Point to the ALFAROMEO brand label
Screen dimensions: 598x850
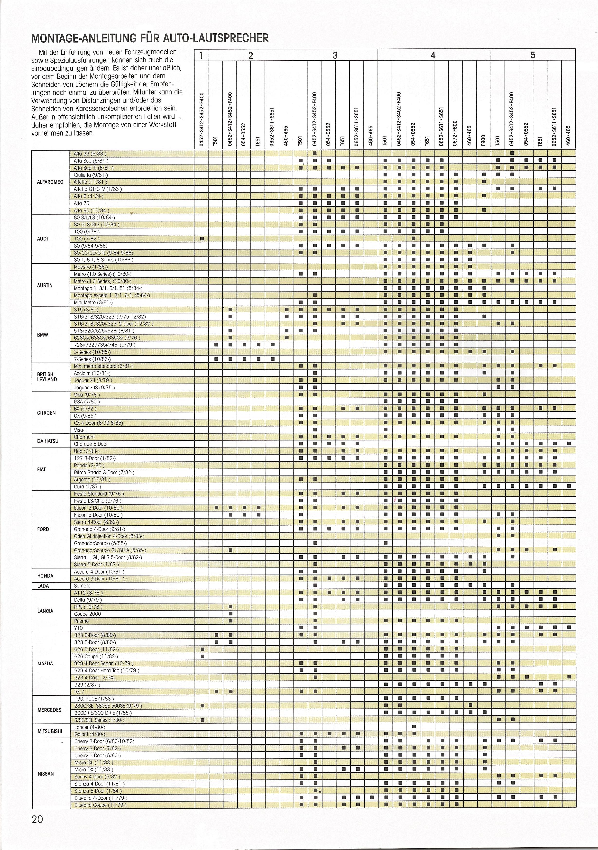[x=50, y=182]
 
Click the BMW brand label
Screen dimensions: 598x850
[x=43, y=335]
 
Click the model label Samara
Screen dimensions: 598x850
[x=82, y=586]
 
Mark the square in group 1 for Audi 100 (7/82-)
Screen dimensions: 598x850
[x=202, y=239]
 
